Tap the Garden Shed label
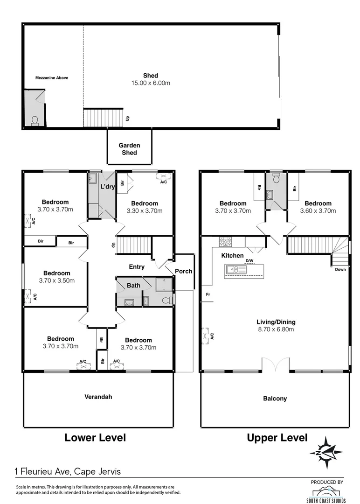point(129,149)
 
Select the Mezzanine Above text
point(52,78)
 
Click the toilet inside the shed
point(35,121)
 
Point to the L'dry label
point(108,187)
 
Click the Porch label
point(183,271)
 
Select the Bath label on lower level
point(127,285)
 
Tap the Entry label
point(137,267)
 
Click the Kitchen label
point(232,256)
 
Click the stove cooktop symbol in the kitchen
point(226,242)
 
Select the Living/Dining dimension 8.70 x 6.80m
point(276,329)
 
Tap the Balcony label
point(275,399)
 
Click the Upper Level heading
point(277,438)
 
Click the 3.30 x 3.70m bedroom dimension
point(144,210)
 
